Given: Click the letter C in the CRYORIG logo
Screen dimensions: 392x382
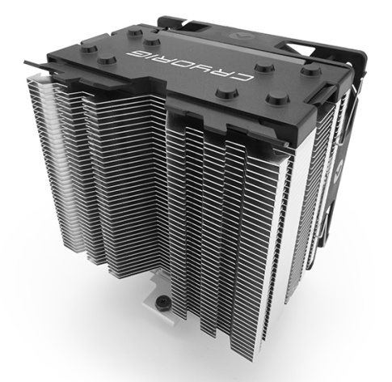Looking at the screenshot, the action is click(245, 79).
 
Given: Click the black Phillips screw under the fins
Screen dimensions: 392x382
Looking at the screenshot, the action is click(164, 300).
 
